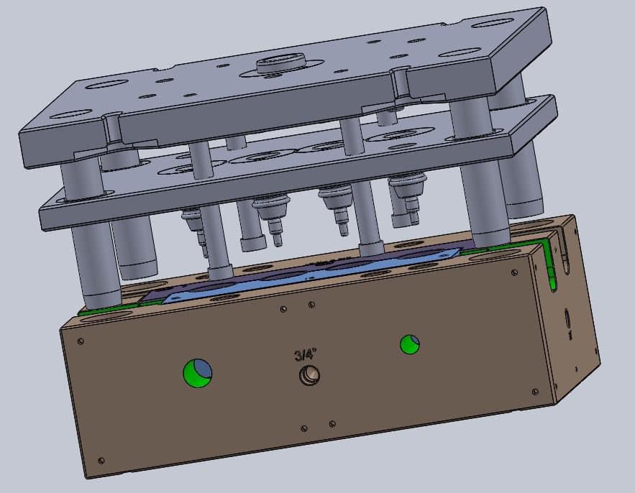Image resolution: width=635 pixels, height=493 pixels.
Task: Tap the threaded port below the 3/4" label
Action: pyautogui.click(x=309, y=375)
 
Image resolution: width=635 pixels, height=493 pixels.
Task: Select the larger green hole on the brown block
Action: pyautogui.click(x=198, y=373)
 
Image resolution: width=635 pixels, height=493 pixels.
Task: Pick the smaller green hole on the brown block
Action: pyautogui.click(x=409, y=344)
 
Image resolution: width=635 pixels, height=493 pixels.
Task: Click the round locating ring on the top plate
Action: pyautogui.click(x=280, y=63)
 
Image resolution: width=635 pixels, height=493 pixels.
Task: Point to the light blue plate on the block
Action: pyautogui.click(x=312, y=274)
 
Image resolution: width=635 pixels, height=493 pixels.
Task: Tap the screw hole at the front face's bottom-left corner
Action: pyautogui.click(x=101, y=460)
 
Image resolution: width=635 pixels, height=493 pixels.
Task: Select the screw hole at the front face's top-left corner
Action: pyautogui.click(x=81, y=341)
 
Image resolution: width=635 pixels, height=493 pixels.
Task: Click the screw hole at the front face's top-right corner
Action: pyautogui.click(x=514, y=272)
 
